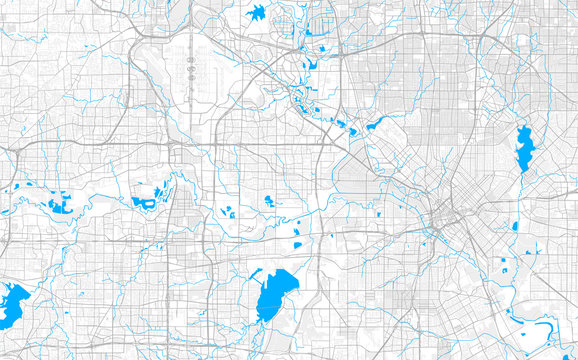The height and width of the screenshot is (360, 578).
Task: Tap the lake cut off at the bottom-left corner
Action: [x=12, y=305]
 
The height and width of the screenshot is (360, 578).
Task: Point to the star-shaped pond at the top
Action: [x=256, y=13]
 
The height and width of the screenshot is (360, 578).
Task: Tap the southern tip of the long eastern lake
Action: [x=521, y=170]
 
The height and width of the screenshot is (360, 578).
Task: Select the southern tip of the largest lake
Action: [x=263, y=319]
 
